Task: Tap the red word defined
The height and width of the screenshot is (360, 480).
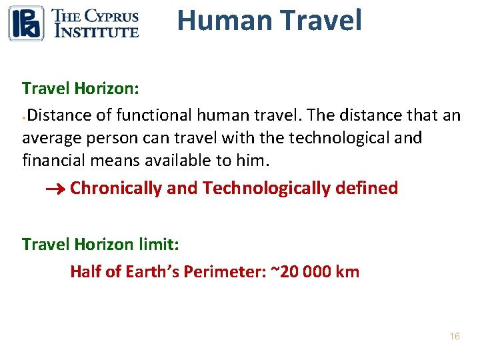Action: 367,189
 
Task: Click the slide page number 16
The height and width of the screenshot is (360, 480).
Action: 454,336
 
